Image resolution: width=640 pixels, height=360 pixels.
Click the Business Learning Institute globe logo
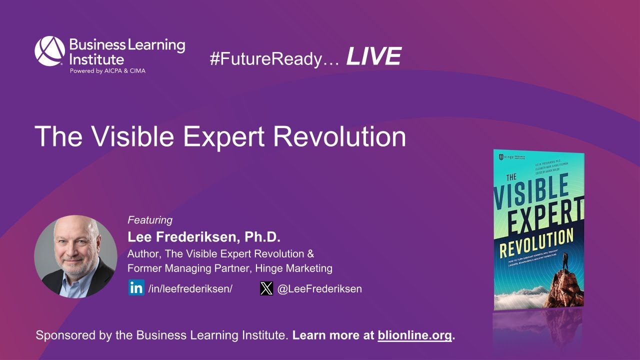pos(49,51)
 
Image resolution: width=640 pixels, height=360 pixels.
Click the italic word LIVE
pos(373,56)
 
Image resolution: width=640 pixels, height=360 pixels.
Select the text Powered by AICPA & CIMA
pos(107,70)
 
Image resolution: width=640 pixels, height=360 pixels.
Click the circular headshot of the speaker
pos(75,256)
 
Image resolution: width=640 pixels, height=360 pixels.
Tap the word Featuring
pos(150,220)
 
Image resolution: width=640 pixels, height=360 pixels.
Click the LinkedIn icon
pos(136,288)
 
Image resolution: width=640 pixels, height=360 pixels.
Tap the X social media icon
pos(266,288)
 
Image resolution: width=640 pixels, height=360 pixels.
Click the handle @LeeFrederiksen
pos(319,288)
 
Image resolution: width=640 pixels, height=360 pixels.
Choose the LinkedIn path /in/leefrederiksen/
pos(190,288)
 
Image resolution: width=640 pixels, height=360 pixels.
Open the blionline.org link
pos(414,335)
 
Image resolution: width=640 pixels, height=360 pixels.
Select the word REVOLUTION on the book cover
pos(536,243)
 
